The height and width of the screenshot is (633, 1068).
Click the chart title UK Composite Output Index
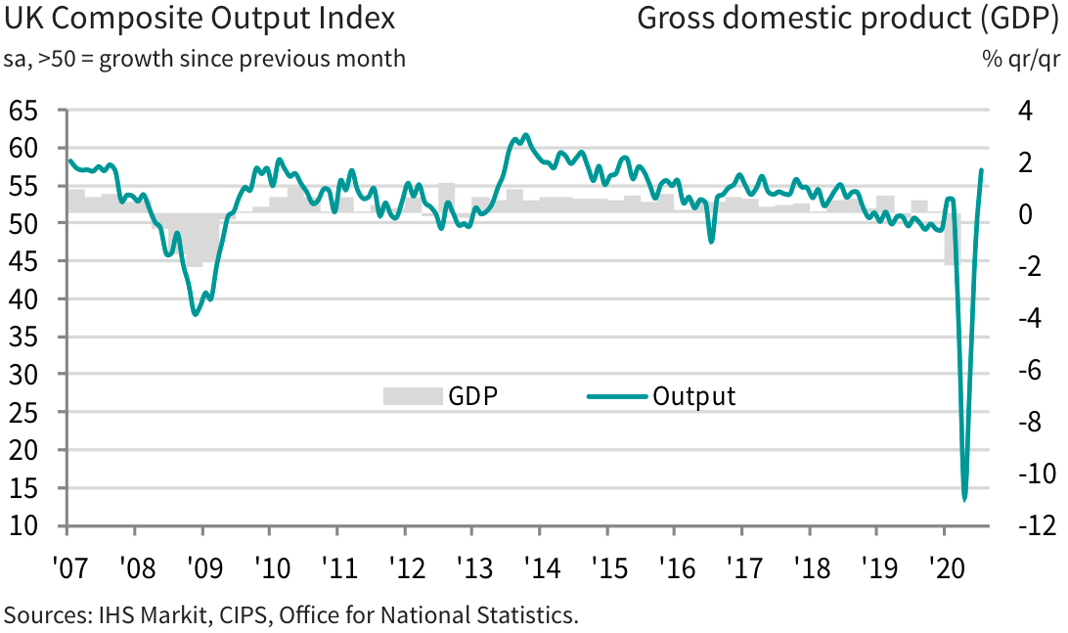(200, 19)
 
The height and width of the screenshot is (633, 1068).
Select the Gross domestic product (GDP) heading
(847, 19)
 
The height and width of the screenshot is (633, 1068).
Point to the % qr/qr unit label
(1021, 59)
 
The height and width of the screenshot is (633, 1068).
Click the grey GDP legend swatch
(412, 396)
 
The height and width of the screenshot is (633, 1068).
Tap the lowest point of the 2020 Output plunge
(964, 499)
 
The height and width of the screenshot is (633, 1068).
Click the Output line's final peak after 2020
(982, 170)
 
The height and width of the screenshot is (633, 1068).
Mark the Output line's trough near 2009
(196, 313)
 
